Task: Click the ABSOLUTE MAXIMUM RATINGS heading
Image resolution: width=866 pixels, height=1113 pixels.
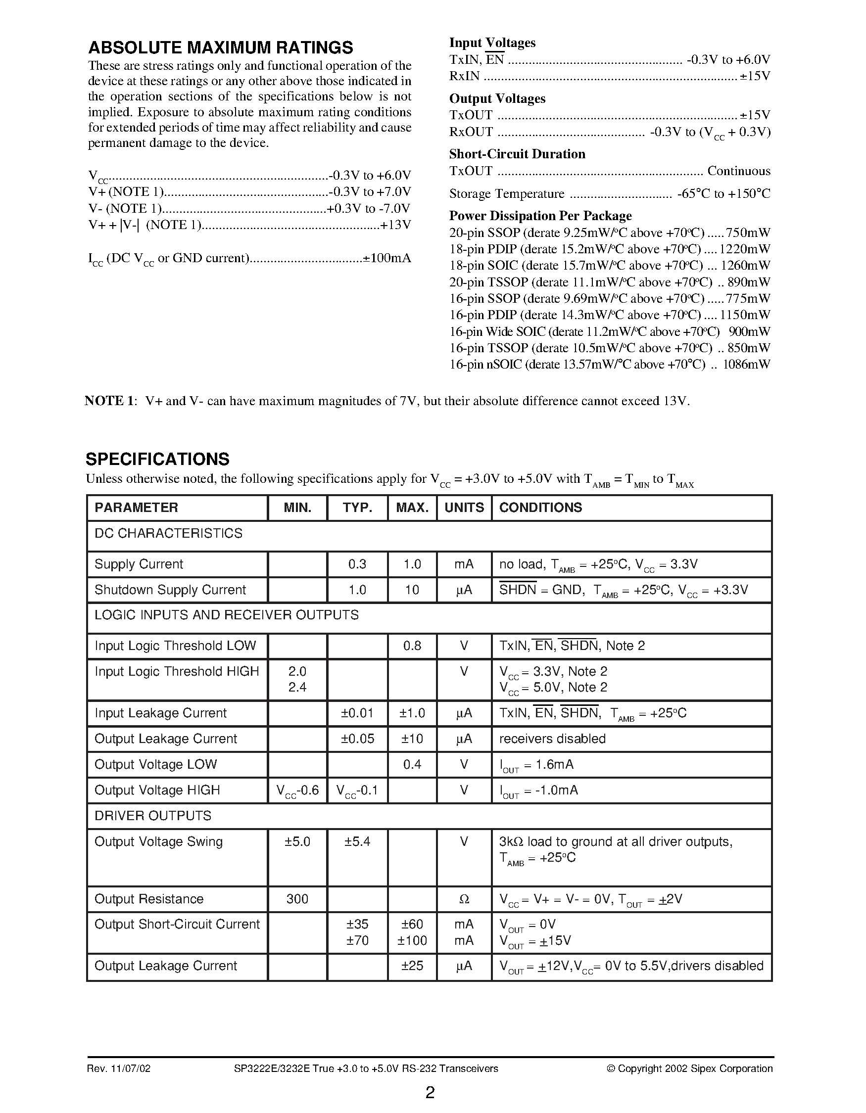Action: tap(220, 47)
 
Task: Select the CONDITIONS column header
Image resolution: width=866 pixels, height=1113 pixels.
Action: tap(540, 508)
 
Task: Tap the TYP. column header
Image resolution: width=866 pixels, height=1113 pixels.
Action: tap(357, 508)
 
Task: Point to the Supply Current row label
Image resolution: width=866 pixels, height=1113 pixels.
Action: tap(139, 564)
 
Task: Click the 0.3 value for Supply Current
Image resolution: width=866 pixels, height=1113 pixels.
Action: tap(357, 564)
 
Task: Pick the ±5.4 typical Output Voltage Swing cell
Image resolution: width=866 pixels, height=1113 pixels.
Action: tap(357, 841)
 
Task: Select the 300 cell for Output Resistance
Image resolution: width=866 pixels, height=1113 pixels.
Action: tap(297, 899)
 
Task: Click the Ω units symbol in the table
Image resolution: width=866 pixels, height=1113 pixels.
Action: tap(464, 899)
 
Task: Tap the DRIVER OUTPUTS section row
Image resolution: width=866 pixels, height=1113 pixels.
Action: tap(153, 816)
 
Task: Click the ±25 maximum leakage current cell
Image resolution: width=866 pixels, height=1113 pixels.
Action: tap(412, 966)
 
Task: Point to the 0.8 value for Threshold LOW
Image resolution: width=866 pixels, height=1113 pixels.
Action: tap(412, 646)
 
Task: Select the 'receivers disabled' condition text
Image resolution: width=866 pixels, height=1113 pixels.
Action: tap(552, 739)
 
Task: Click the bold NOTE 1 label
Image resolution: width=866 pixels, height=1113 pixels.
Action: tap(109, 401)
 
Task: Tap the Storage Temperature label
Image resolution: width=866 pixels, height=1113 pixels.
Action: tap(507, 193)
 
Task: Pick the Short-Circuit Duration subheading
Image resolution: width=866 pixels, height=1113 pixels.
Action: tap(517, 154)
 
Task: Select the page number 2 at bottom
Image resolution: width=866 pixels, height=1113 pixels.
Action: tap(430, 1093)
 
